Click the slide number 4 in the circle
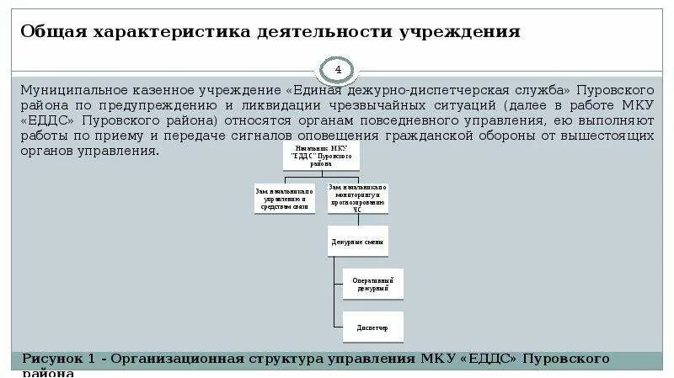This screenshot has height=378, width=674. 339,68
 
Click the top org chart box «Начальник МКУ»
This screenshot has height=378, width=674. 322,157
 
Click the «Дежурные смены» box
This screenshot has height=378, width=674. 357,242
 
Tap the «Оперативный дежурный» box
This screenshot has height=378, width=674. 372,284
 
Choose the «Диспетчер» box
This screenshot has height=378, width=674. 372,327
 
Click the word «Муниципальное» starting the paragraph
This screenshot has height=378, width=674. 74,89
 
